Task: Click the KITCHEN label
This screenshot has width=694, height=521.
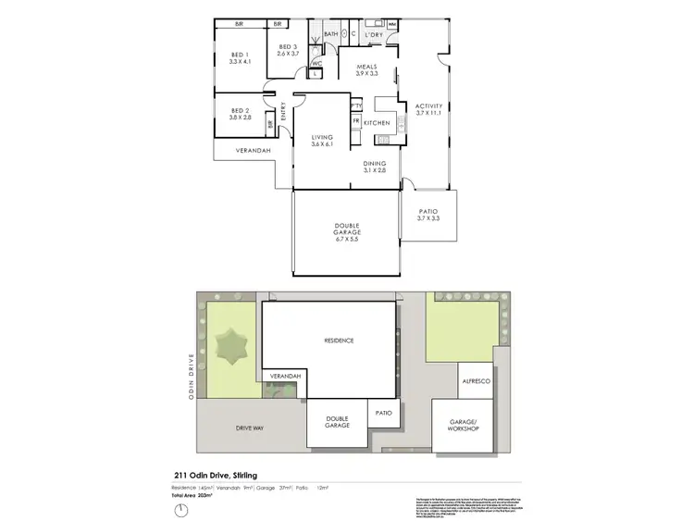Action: point(378,123)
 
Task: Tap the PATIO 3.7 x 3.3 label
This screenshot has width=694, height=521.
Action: point(428,217)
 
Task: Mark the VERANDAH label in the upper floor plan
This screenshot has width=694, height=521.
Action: point(244,150)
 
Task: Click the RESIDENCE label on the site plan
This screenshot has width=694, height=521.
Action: point(339,341)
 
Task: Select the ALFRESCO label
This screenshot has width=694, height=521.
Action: point(474,379)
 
